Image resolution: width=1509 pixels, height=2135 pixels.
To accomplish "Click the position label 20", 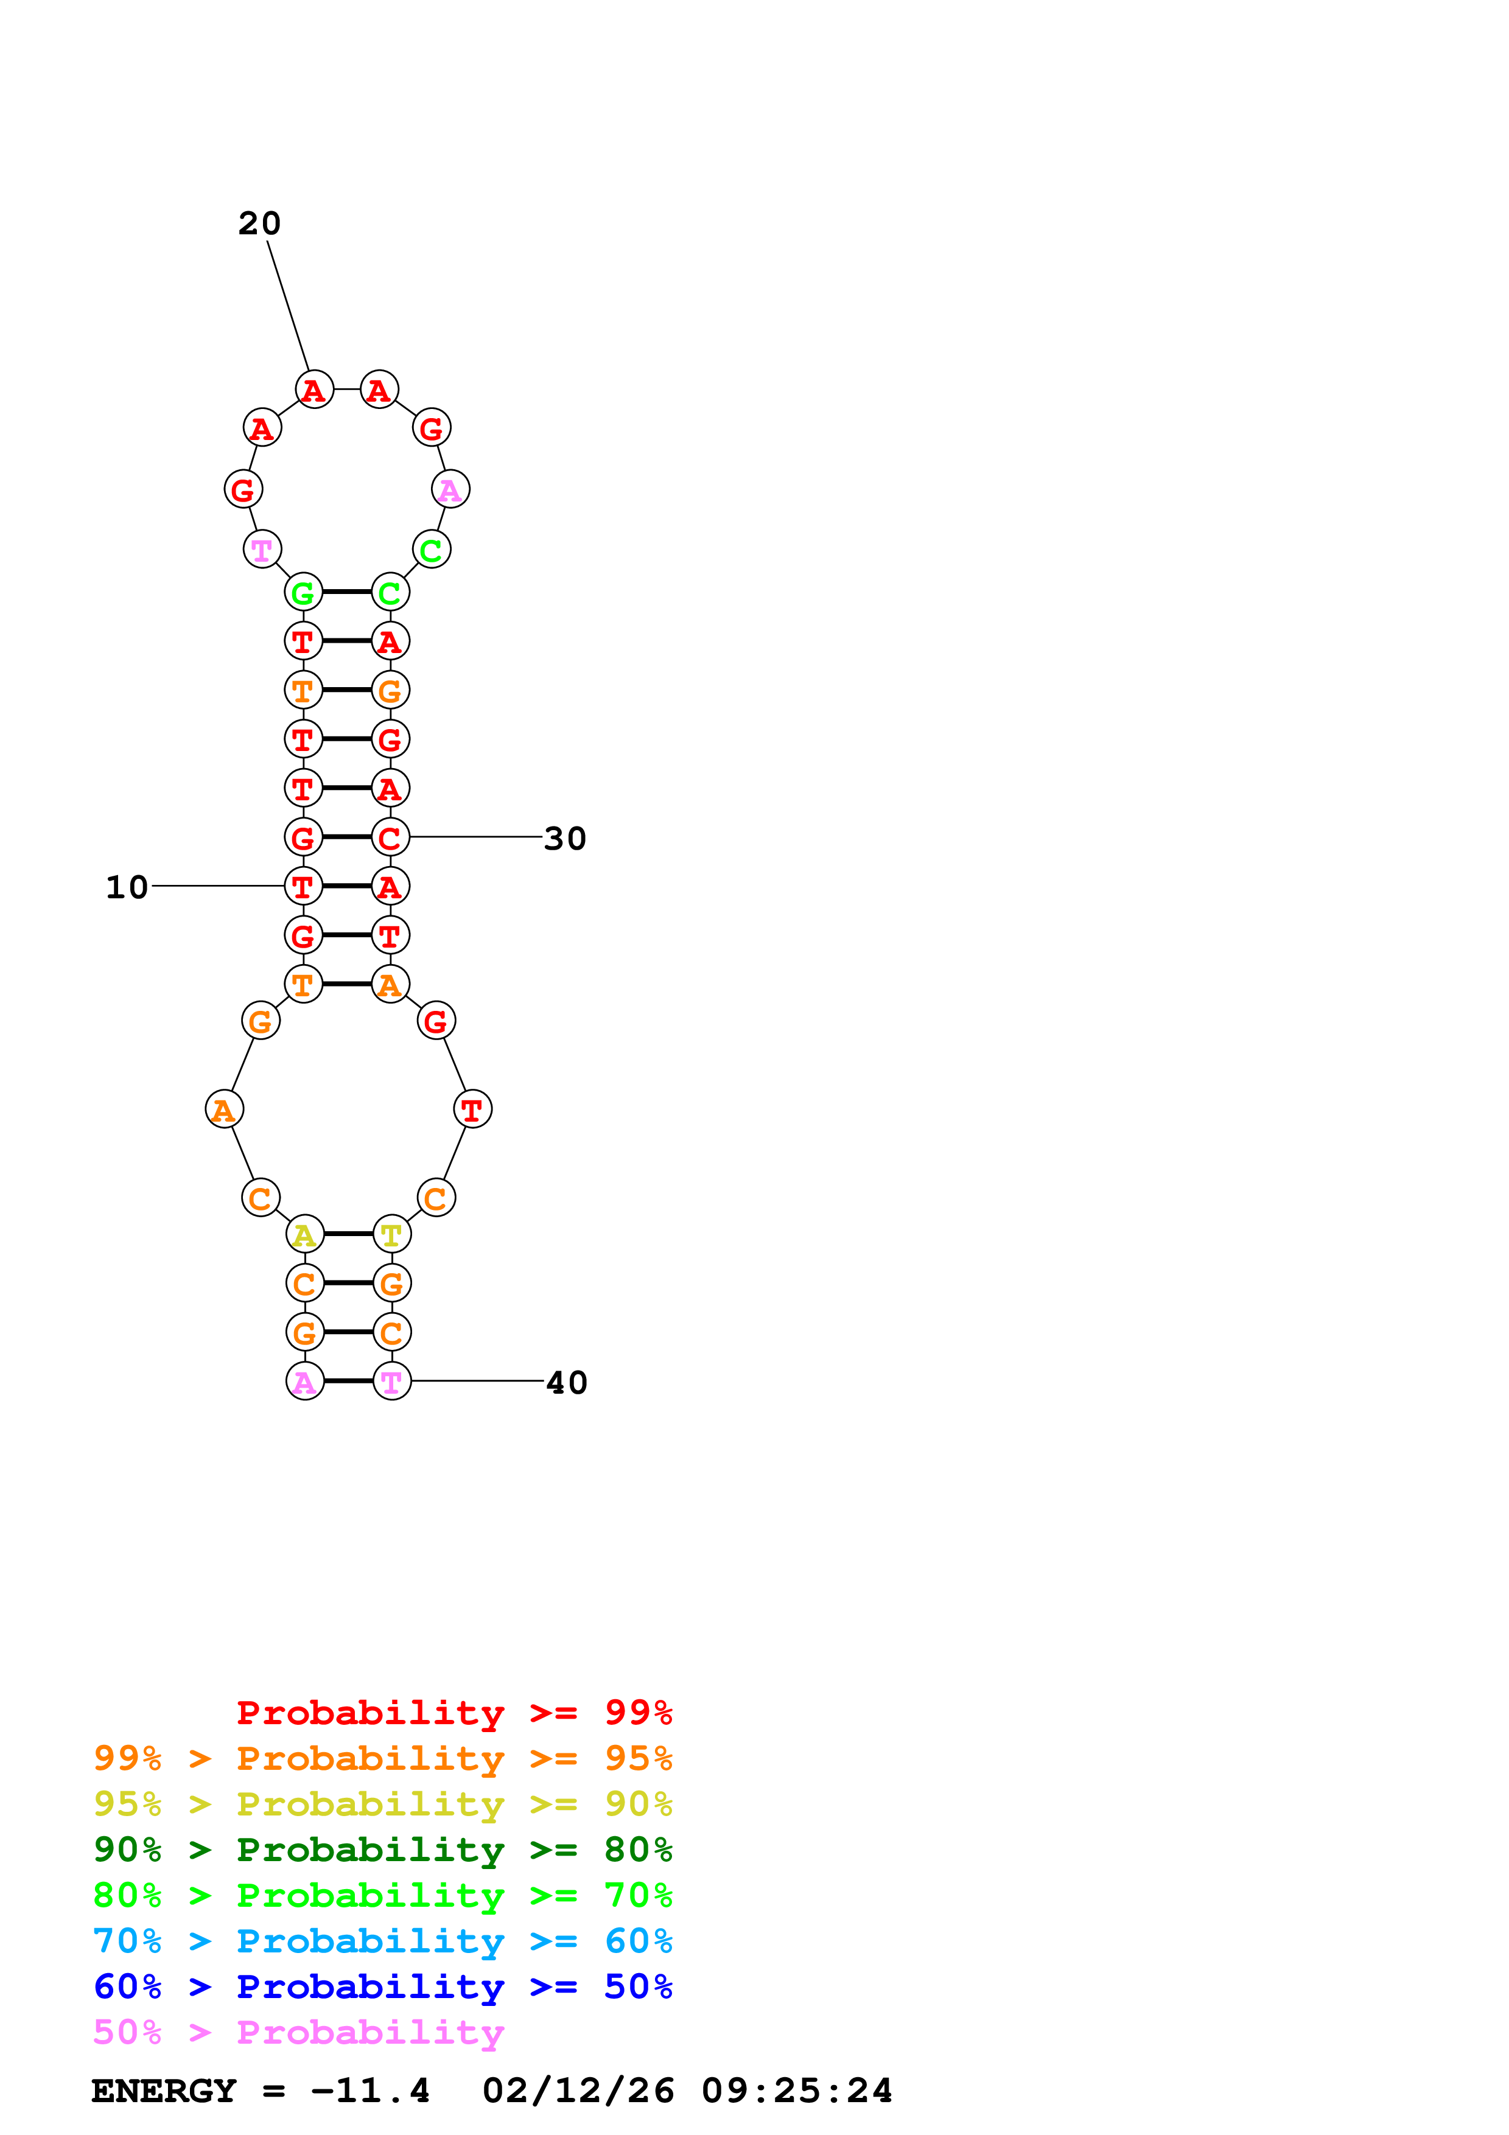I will coord(259,223).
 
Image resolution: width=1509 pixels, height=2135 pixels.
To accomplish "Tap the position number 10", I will coord(127,887).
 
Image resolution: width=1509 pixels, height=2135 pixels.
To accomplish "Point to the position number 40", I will coord(566,1383).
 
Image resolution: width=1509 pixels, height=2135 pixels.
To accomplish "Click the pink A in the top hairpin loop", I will coord(450,489).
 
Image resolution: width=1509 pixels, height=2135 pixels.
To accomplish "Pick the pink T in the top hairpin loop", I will coord(262,550).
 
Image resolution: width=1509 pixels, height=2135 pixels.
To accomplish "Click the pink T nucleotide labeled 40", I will coord(391,1382).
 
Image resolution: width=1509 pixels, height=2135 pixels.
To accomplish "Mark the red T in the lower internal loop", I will coord(472,1109).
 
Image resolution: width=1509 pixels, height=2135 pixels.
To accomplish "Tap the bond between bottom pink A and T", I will coord(348,1381).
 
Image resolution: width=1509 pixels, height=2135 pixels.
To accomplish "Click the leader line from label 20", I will coord(288,307).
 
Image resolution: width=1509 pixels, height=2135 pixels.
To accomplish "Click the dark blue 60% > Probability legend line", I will coord(382,1986).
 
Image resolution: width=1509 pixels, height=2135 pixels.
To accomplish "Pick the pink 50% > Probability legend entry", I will coord(298,2033).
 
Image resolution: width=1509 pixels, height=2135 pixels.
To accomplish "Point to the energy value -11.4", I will coord(370,2091).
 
